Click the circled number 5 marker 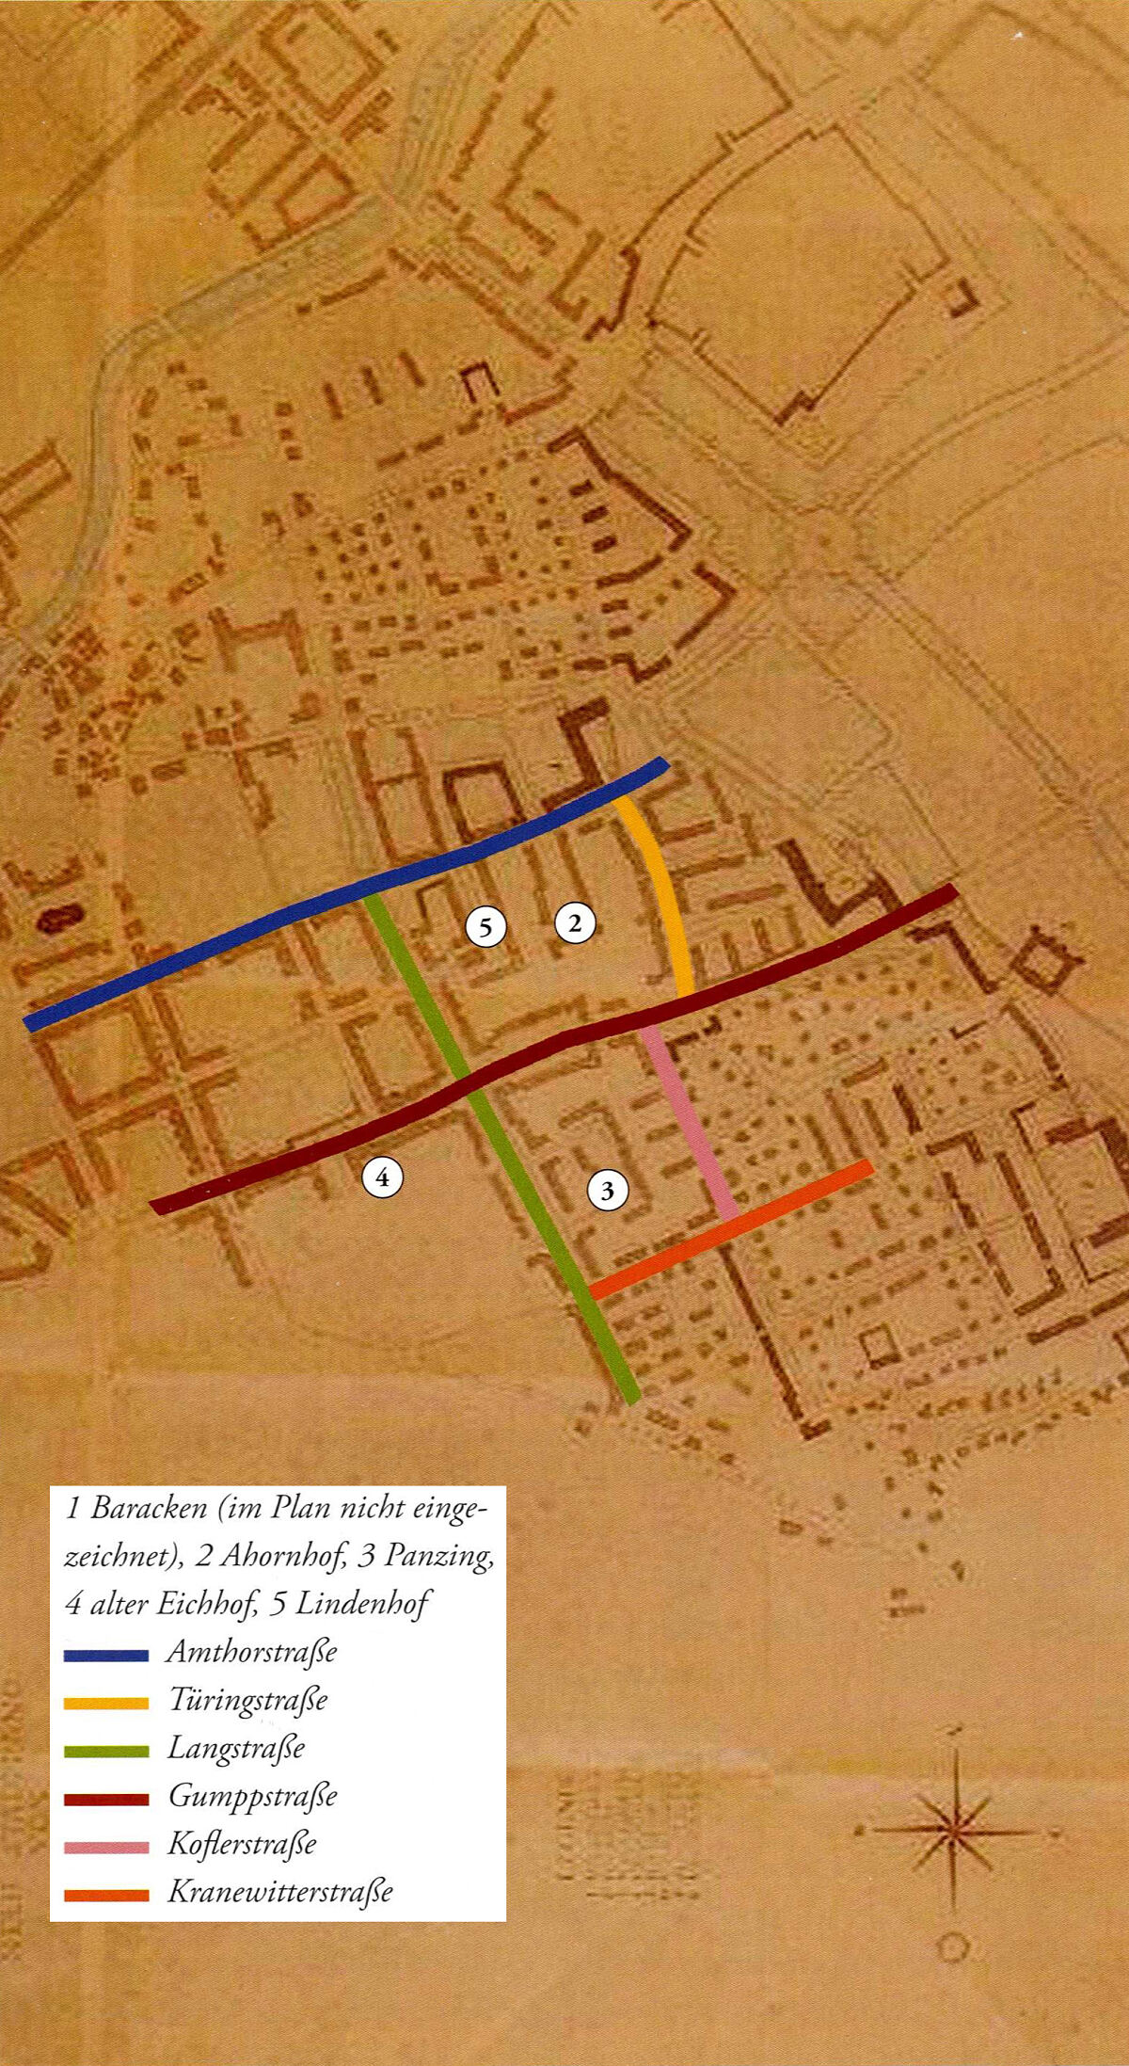(x=485, y=928)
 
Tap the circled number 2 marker (x=575, y=922)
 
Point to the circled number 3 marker (x=607, y=1191)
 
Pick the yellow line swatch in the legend (x=106, y=1703)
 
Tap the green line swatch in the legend (x=106, y=1751)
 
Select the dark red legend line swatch (x=106, y=1799)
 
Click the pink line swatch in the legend (x=106, y=1847)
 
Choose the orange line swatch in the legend (x=106, y=1895)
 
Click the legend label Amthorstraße (x=251, y=1652)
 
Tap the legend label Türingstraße (x=247, y=1700)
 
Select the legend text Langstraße (x=236, y=1748)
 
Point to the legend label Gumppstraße (x=252, y=1796)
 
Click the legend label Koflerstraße (x=242, y=1844)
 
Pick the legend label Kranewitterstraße (x=279, y=1892)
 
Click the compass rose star (x=955, y=1831)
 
